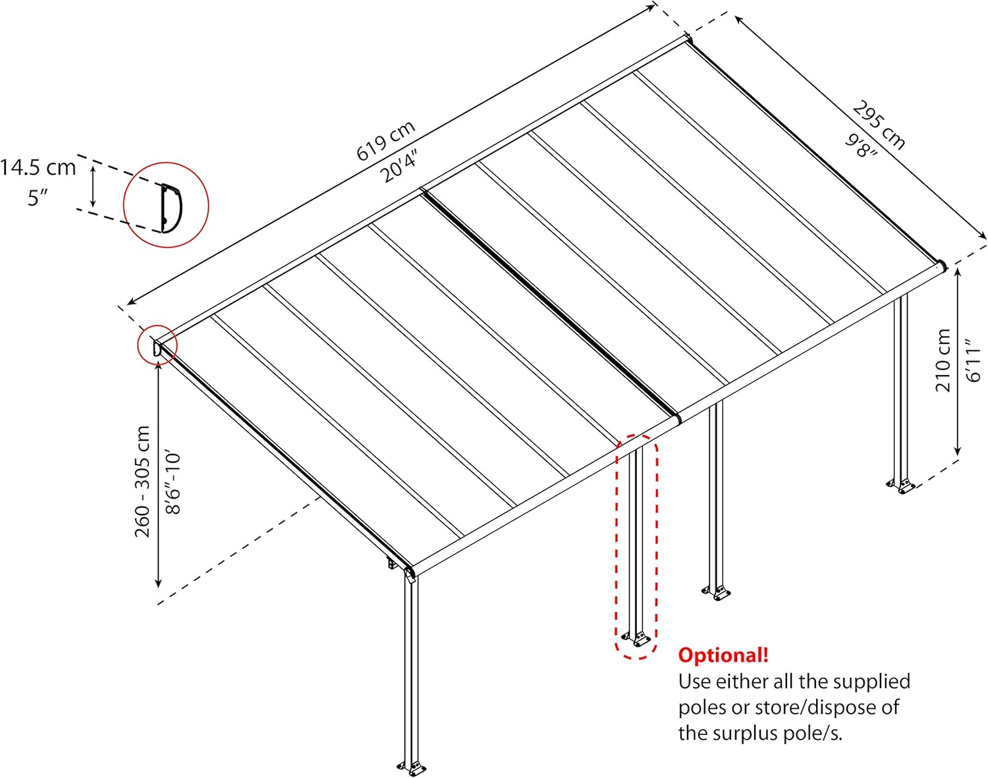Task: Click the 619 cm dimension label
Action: point(386,141)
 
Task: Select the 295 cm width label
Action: point(879,125)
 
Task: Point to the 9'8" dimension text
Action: point(862,146)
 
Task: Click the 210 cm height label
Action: point(943,360)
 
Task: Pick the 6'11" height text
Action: point(973,360)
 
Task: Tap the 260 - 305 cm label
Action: point(143,481)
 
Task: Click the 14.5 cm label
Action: point(38,167)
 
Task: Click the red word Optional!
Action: point(723,655)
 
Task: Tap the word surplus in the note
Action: point(773,734)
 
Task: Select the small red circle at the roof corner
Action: point(157,345)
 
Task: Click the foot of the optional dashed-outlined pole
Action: point(636,638)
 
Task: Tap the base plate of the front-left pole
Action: point(412,767)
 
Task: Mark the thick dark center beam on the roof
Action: point(551,304)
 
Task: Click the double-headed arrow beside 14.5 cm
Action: point(94,186)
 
